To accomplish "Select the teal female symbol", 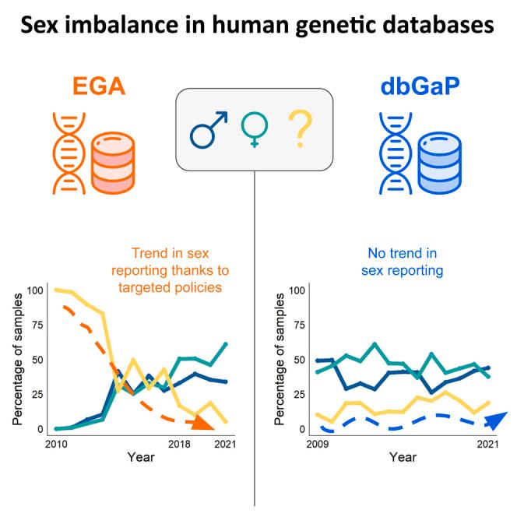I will click(254, 129).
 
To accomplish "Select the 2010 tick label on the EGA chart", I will click(55, 444).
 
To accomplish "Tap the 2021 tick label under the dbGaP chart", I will click(487, 444).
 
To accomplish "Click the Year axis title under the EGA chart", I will click(141, 458).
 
